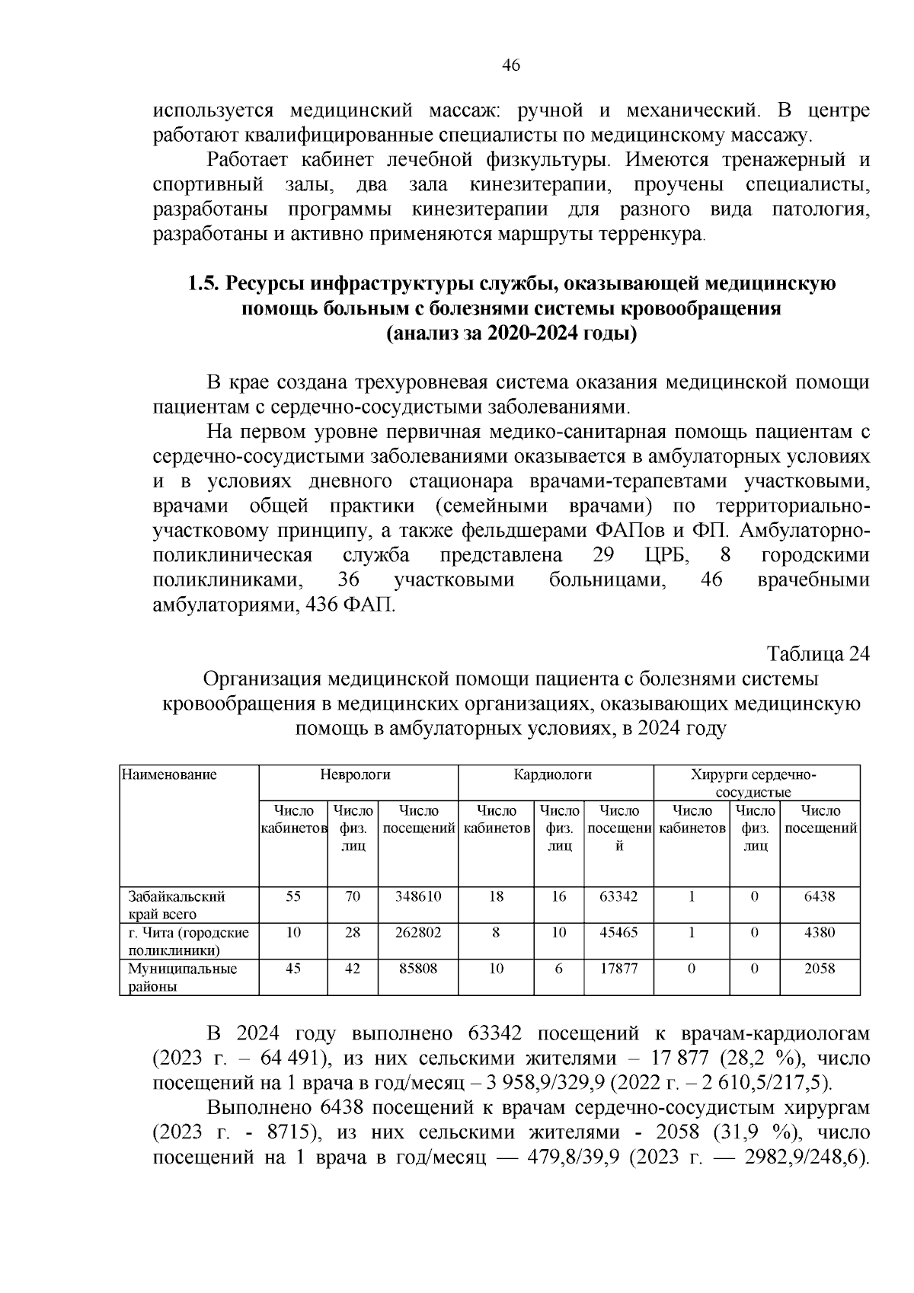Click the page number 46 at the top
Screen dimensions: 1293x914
coord(511,66)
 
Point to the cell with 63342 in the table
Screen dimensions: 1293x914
coord(618,896)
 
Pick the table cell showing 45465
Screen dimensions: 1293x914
coord(618,932)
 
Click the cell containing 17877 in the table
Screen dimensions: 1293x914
coord(618,969)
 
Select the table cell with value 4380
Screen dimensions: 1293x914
coord(820,932)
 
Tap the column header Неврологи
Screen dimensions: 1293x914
coord(355,775)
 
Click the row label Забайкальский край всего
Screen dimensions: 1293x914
coord(176,905)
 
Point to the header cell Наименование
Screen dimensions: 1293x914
coord(169,775)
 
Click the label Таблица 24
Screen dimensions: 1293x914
coord(817,655)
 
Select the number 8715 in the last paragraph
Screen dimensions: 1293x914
coord(289,1132)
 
